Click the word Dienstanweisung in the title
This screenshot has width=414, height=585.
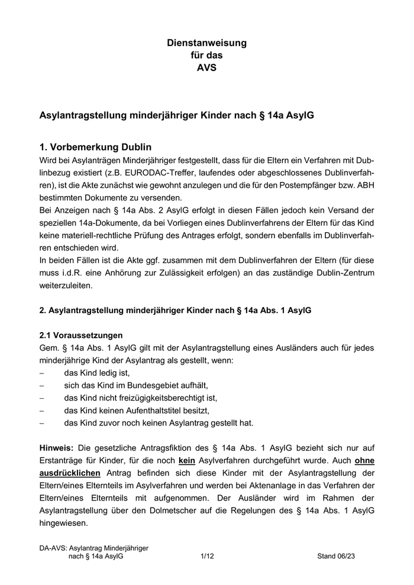(x=206, y=43)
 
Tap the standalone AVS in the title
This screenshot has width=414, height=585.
(x=206, y=67)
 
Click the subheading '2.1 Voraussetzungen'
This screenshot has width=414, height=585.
(x=81, y=334)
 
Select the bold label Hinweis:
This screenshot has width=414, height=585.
(x=56, y=447)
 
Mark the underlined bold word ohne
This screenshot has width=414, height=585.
(x=364, y=460)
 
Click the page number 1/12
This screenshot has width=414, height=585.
(x=207, y=556)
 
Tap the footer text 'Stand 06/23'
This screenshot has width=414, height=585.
(x=337, y=556)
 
